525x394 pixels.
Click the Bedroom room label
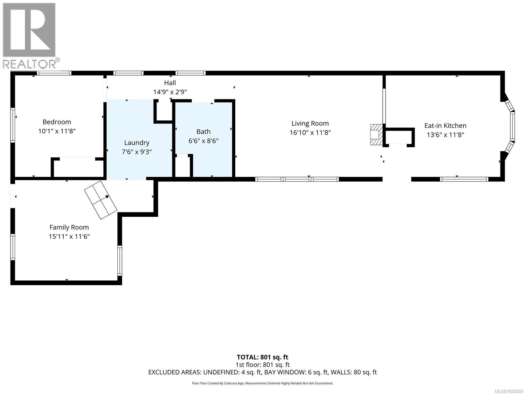57,122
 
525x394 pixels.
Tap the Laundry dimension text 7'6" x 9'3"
136,152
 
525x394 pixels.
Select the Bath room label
203,132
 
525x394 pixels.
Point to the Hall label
170,83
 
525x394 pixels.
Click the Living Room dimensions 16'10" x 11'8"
310,133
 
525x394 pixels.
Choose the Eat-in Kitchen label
445,126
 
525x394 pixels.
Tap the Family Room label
69,227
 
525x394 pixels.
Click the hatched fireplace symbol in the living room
376,134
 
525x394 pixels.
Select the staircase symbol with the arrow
100,200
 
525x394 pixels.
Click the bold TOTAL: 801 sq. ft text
262,357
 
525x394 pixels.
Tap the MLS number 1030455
509,391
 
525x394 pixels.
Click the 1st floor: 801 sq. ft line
262,365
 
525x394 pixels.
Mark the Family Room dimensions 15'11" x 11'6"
69,236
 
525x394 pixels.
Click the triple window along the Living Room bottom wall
297,179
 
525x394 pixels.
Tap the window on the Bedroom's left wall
13,125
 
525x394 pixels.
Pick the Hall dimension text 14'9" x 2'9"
170,92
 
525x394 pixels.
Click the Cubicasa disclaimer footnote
262,383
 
